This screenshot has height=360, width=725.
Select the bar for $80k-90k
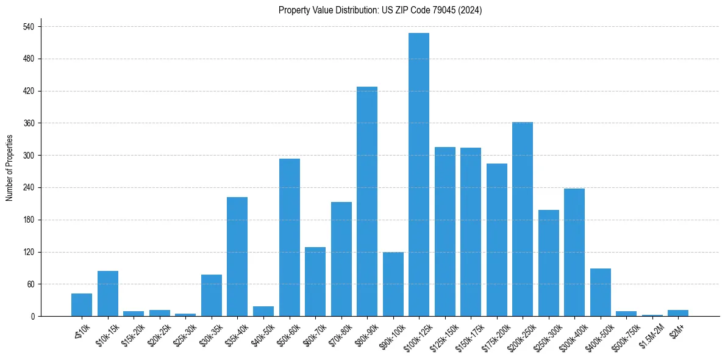pos(367,201)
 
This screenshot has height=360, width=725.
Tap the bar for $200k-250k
pos(523,219)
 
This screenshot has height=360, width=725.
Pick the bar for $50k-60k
pos(290,237)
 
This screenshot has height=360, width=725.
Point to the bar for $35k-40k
pos(237,256)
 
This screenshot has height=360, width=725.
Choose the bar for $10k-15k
pos(108,293)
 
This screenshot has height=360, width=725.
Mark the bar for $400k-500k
pos(601,292)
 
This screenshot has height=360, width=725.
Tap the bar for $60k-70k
pos(315,281)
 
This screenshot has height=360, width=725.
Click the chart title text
pos(380,10)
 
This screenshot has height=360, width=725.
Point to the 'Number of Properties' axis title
pos(10,168)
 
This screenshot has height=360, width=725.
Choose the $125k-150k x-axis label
pos(442,334)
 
